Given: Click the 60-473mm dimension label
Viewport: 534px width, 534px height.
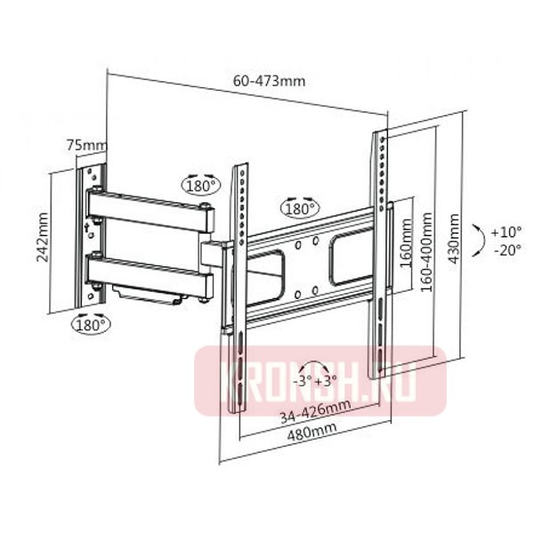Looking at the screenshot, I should [269, 80].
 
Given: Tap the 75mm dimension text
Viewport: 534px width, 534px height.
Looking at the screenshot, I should [85, 144].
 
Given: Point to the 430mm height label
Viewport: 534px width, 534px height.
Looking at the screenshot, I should [455, 236].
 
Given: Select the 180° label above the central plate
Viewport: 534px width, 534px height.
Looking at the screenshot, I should [299, 209].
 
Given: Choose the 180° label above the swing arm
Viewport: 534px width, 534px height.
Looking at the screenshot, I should [200, 186].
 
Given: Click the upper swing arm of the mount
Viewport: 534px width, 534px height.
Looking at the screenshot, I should [151, 211].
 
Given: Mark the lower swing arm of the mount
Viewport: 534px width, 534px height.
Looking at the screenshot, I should [151, 273].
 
